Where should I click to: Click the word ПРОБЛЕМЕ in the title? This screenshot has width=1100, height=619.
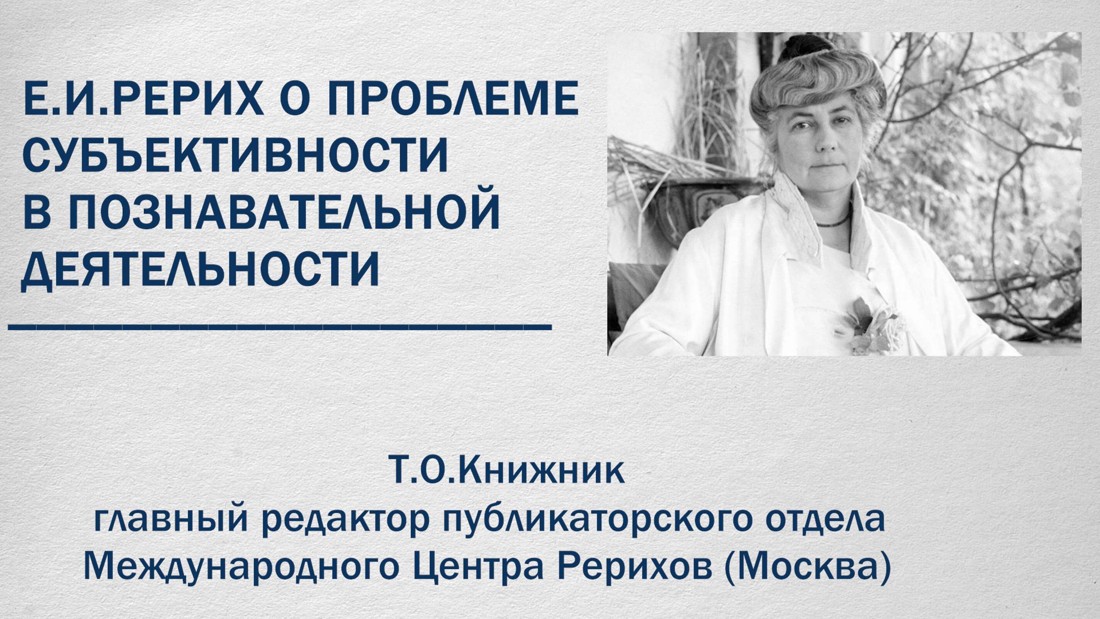[x=453, y=99]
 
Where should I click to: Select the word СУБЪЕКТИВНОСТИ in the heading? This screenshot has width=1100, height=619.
[x=235, y=155]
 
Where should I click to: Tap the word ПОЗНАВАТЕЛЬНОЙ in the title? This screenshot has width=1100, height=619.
[x=284, y=212]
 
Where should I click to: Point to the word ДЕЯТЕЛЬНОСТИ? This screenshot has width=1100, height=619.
[x=200, y=269]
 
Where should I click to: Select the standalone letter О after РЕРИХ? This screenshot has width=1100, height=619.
[x=294, y=99]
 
